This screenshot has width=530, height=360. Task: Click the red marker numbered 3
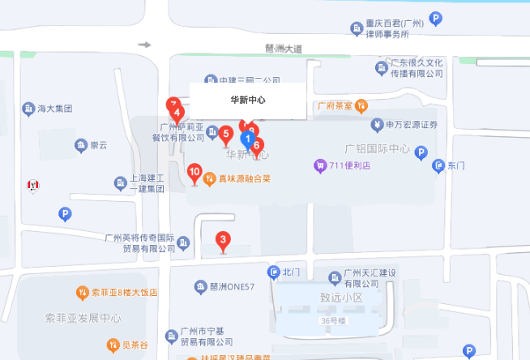pyautogui.click(x=222, y=239)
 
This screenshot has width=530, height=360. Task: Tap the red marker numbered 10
pyautogui.click(x=194, y=171)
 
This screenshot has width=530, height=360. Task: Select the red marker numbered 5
pyautogui.click(x=226, y=134)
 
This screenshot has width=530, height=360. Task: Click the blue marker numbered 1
pyautogui.click(x=248, y=139)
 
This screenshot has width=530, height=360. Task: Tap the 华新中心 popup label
pyautogui.click(x=248, y=100)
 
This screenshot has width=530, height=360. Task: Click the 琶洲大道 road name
pyautogui.click(x=283, y=49)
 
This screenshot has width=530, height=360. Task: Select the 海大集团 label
pyautogui.click(x=55, y=108)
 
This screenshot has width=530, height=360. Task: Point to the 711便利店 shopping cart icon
pyautogui.click(x=321, y=165)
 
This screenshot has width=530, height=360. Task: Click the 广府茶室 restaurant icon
pyautogui.click(x=361, y=105)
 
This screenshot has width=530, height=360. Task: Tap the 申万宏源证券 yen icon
pyautogui.click(x=377, y=124)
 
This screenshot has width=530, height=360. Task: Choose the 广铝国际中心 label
pyautogui.click(x=377, y=149)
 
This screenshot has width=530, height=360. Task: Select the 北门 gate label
pyautogui.click(x=292, y=272)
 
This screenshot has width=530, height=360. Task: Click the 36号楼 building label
pyautogui.click(x=332, y=320)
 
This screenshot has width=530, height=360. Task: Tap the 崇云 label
pyautogui.click(x=98, y=145)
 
